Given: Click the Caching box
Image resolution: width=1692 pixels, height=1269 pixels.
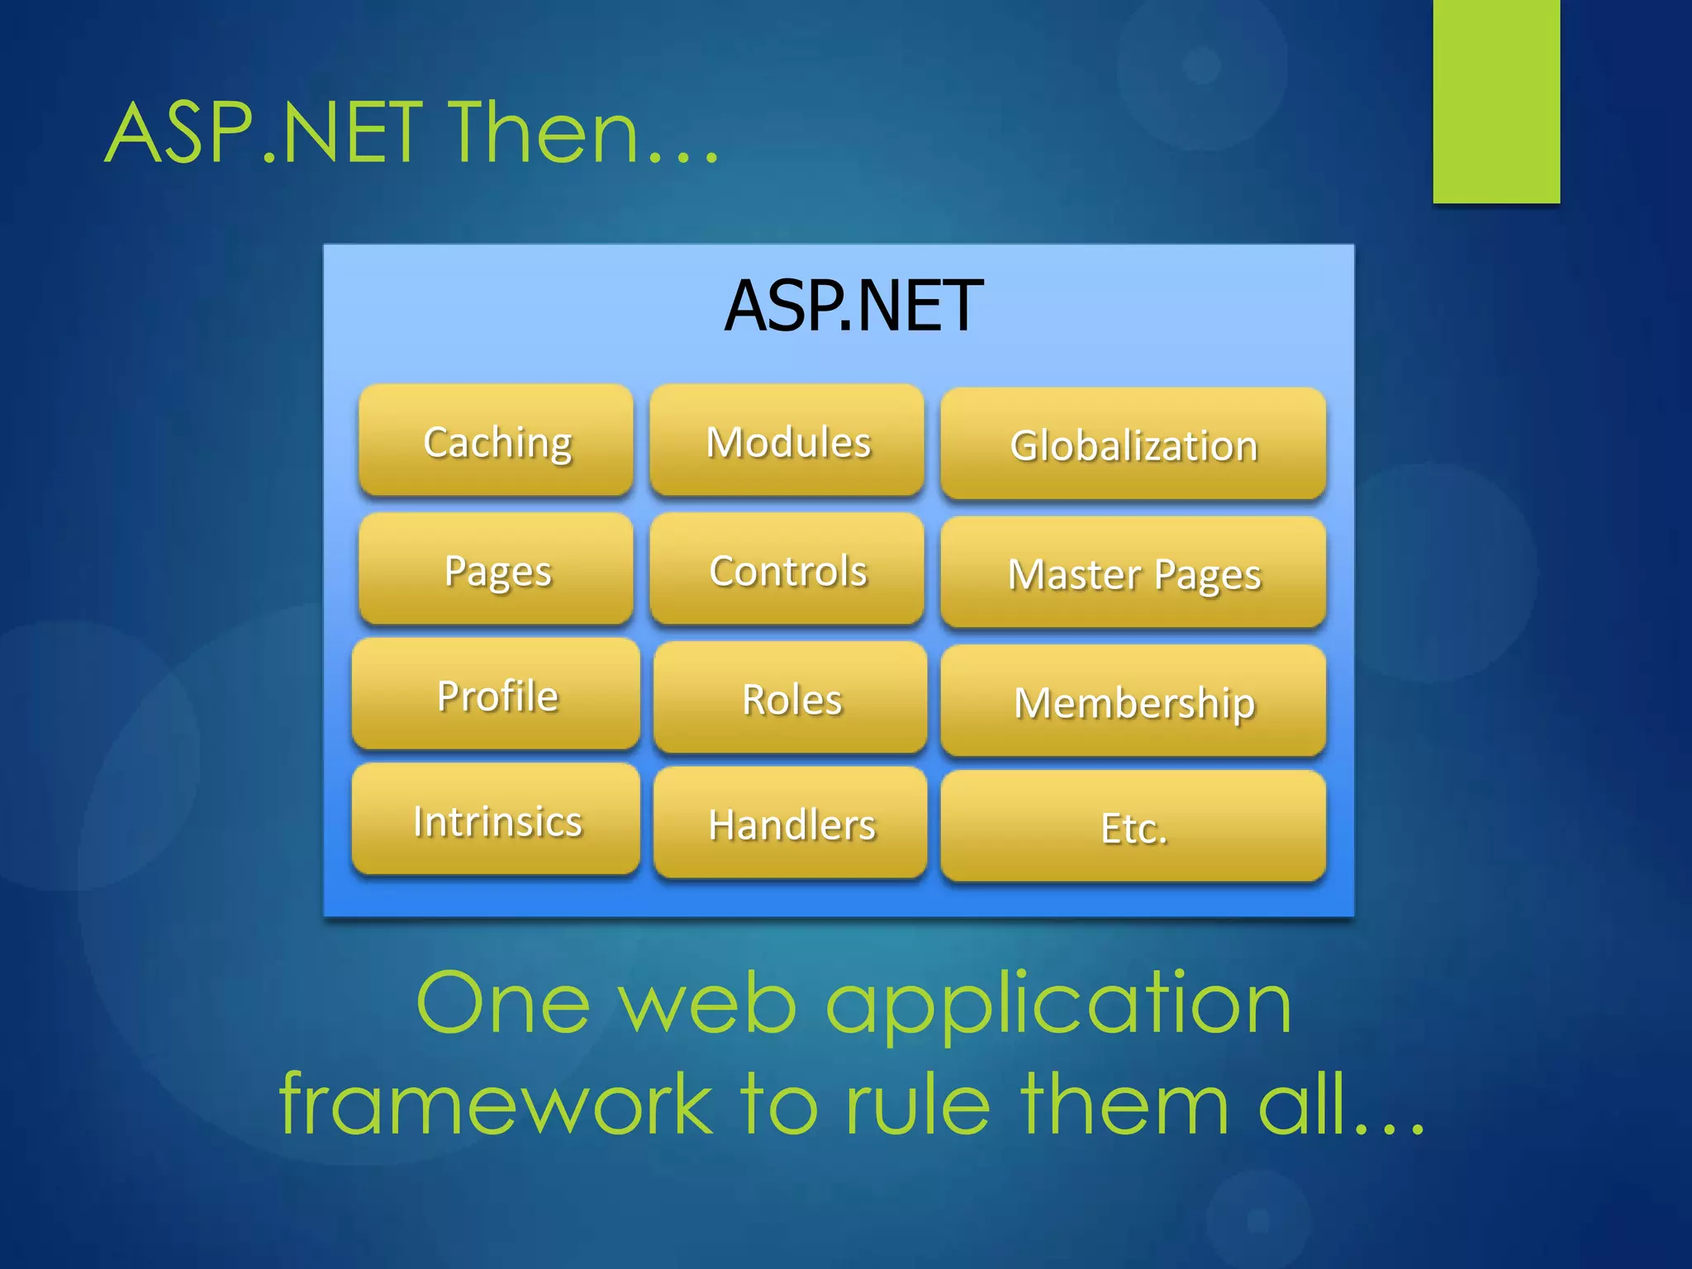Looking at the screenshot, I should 497,441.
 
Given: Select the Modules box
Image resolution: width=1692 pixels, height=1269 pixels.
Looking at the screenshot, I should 787,441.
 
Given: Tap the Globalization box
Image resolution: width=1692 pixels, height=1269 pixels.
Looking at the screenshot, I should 1134,445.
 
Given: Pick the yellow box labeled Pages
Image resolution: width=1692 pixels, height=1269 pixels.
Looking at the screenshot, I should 497,570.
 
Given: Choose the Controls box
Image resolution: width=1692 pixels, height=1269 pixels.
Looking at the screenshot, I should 787,570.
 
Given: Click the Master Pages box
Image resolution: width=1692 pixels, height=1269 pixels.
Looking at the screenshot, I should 1134,573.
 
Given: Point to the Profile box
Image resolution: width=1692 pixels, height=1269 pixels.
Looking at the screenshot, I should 497,695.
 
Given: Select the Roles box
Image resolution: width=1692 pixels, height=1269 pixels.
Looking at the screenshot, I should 791,699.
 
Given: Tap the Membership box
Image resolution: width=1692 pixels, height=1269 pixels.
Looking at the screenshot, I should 1134,702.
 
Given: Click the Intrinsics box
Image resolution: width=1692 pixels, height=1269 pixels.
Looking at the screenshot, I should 497,820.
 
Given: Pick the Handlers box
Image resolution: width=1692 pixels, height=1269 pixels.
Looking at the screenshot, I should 791,824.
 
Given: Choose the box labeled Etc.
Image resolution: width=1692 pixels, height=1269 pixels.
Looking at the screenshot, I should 1134,827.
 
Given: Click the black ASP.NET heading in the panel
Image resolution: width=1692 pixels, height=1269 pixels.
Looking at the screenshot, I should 853,307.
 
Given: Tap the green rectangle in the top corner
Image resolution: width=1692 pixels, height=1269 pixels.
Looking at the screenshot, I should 1496,99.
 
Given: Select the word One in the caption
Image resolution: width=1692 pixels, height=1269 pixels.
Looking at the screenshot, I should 503,1003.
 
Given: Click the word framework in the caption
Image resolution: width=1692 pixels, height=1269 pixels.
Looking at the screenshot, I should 496,1104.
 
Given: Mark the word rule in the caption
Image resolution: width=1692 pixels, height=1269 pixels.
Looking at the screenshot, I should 917,1104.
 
